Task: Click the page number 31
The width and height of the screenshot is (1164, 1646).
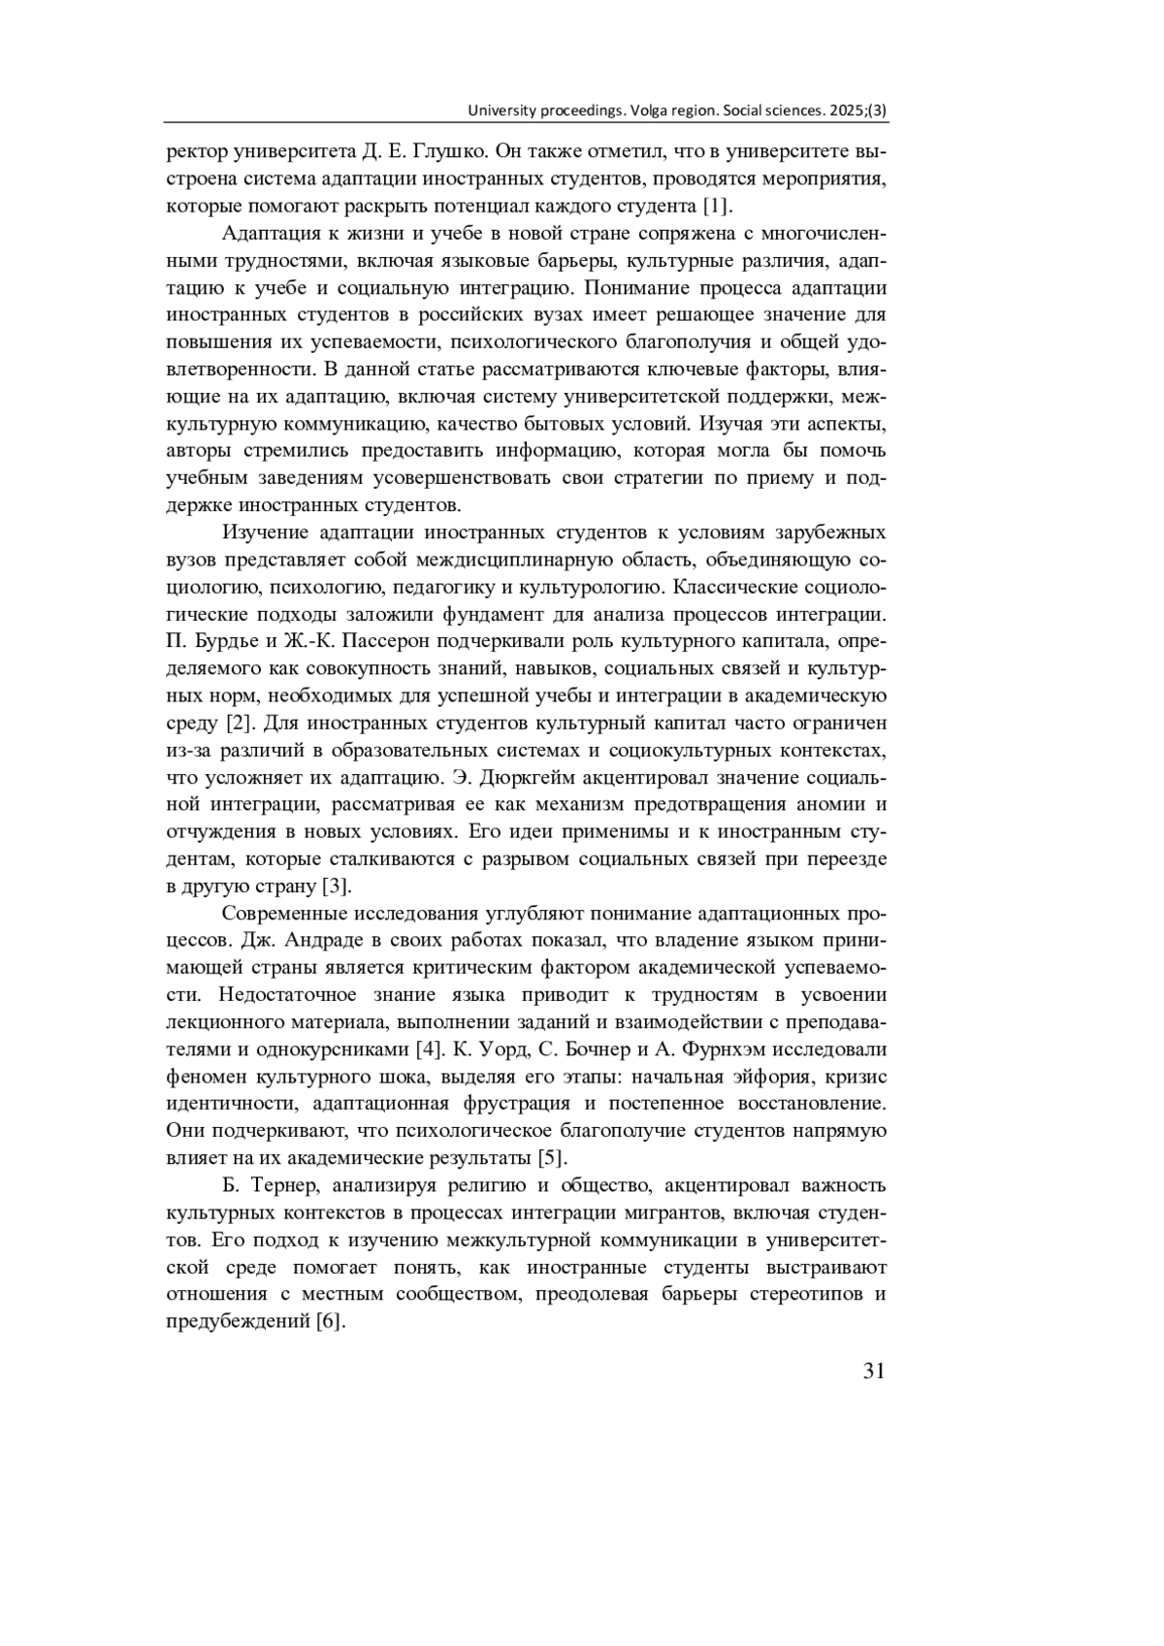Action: point(873,1371)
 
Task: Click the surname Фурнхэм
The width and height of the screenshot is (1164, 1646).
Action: point(727,1049)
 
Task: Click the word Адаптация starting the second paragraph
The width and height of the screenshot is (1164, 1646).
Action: point(272,234)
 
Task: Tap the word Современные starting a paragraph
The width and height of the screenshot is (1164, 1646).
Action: point(282,914)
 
